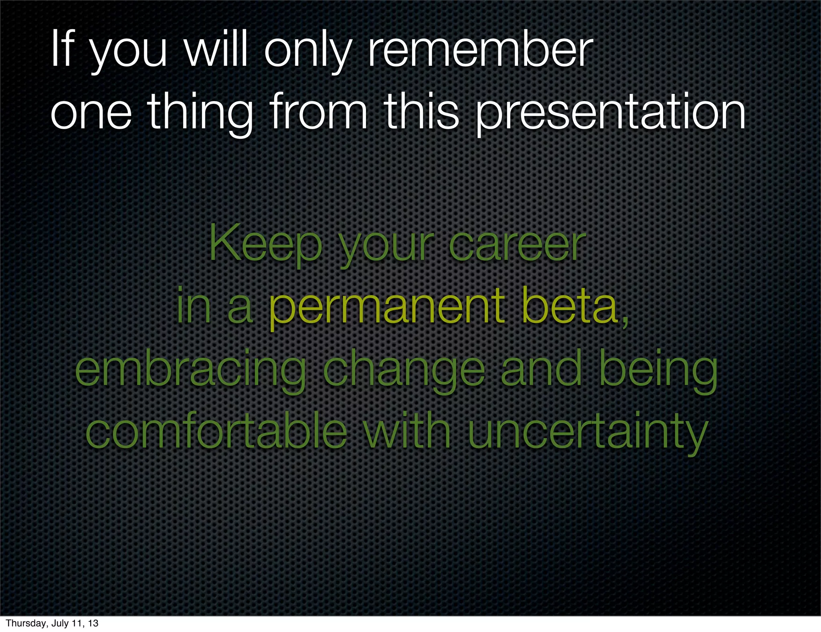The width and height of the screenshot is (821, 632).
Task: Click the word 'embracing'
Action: (190, 371)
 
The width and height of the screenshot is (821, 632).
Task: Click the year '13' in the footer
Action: (93, 624)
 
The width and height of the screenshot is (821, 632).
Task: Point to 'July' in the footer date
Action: (60, 624)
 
